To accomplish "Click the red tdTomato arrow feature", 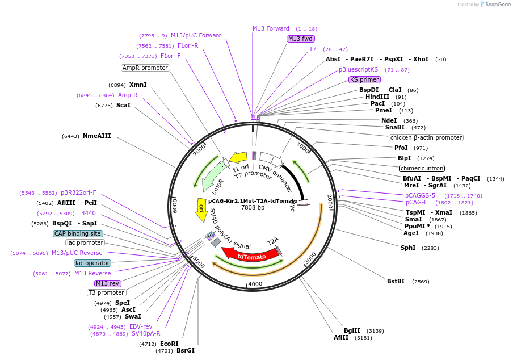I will [x=245, y=256].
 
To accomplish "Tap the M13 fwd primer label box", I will [x=300, y=39].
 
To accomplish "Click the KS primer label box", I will [x=364, y=79].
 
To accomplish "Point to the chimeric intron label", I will [x=422, y=168].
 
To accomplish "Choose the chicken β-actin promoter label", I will [x=426, y=137].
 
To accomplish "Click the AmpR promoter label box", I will [x=145, y=68].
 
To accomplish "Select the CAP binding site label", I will [x=78, y=233].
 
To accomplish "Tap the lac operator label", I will [x=92, y=263].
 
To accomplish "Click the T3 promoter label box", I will [x=106, y=292].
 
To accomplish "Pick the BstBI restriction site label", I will [x=396, y=281].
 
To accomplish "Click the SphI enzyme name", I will [x=408, y=248].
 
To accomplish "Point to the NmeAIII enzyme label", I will [x=97, y=136].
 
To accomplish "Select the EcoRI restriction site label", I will [x=169, y=344].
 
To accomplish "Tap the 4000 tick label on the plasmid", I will [x=255, y=284].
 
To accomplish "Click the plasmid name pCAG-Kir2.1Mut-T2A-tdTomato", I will [x=253, y=200].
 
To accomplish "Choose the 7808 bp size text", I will [x=253, y=208].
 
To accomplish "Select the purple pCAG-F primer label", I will [x=416, y=202].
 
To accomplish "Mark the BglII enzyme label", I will [x=352, y=330].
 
